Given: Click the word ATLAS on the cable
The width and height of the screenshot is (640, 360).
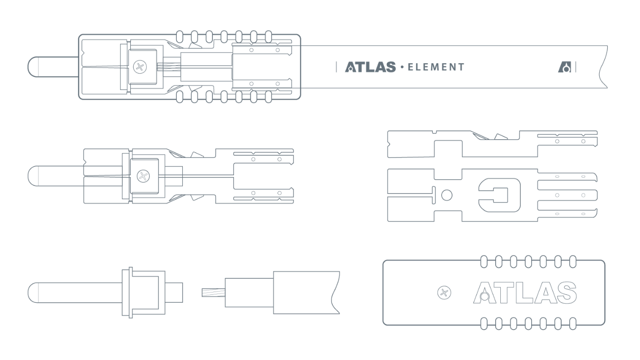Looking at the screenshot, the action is coord(370,67).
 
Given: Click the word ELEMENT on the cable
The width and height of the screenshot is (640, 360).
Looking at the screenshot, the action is coord(436,67).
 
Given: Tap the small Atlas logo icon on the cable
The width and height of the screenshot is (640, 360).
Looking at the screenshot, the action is coord(565,67).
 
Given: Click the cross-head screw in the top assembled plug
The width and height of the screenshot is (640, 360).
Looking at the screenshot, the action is coord(140,67).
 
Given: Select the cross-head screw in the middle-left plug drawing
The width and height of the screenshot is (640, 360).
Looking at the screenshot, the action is coord(143,176).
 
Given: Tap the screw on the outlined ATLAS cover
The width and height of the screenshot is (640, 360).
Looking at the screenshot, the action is coord(444,292).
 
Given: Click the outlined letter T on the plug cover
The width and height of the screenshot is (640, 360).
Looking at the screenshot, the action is coord(504,292).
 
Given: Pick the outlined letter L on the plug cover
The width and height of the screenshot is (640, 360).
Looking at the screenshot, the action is coord(525,292).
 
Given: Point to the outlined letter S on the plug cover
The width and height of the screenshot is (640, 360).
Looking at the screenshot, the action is coord(566,292).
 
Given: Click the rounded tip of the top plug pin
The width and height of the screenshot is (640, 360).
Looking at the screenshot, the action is coord(33,67).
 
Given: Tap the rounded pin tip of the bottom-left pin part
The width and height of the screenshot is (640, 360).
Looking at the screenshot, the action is coord(33,293).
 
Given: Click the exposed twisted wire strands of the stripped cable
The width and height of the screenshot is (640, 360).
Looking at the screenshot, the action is coord(213,292).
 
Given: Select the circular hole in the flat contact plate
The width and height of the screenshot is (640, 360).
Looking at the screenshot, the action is coord(447,195).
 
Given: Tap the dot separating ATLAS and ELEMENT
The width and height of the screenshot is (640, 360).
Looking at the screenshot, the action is coord(402,67).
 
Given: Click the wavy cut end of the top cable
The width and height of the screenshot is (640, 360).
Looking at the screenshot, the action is coord(603,67).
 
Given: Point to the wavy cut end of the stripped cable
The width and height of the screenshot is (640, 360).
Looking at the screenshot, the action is coord(335,292).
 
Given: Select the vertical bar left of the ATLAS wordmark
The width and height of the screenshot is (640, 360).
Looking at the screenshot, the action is coord(336,67).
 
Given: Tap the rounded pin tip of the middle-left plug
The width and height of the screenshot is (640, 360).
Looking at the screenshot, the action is coord(33,176).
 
